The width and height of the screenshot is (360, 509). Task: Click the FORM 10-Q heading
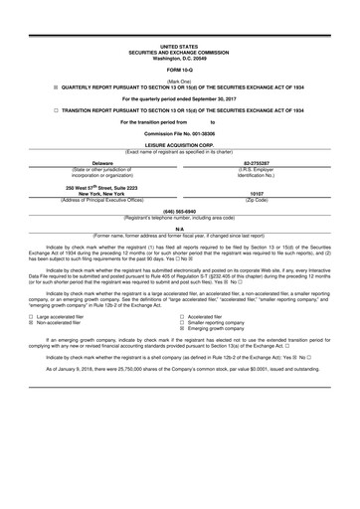pyautogui.click(x=179, y=68)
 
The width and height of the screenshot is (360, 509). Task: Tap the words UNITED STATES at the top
pyautogui.click(x=179, y=46)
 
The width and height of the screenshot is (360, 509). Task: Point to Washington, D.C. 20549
pyautogui.click(x=179, y=57)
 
